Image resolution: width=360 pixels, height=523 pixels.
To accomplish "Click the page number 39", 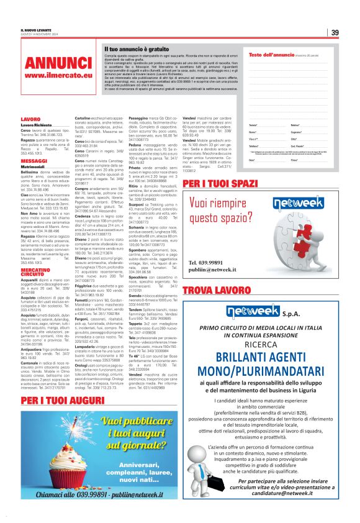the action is point(334,32).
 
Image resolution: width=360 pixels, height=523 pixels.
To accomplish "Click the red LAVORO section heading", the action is point(30,119).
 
